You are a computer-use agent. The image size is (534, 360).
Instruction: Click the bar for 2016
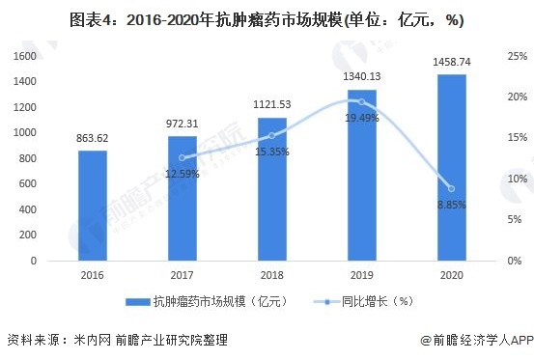coord(92,205)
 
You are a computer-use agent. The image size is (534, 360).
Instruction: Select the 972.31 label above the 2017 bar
coord(182,125)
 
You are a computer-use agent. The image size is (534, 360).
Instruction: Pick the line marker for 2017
coord(182,157)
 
